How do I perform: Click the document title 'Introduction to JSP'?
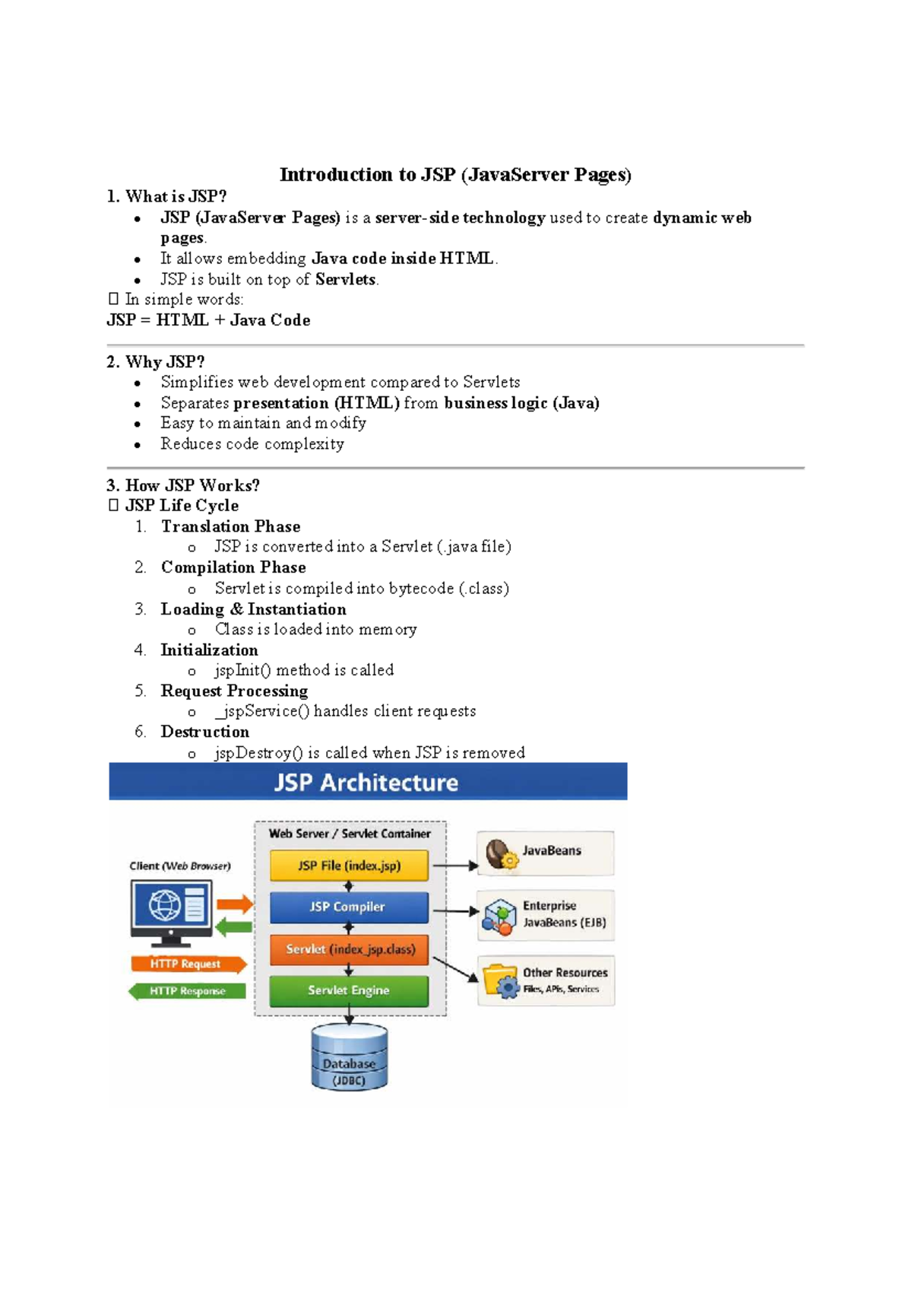pyautogui.click(x=455, y=175)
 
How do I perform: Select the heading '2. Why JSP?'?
pyautogui.click(x=156, y=362)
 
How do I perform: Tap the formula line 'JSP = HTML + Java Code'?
pyautogui.click(x=208, y=320)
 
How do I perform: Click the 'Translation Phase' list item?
pyautogui.click(x=230, y=526)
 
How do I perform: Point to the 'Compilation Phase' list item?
pyautogui.click(x=233, y=567)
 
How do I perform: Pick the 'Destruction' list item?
pyautogui.click(x=204, y=732)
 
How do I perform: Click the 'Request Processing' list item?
pyautogui.click(x=234, y=691)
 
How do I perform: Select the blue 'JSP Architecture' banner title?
pyautogui.click(x=367, y=783)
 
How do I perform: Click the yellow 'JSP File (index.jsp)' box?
pyautogui.click(x=349, y=866)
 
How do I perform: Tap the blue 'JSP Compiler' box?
pyautogui.click(x=349, y=907)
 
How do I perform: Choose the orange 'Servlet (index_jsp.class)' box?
pyautogui.click(x=349, y=949)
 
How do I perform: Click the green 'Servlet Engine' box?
pyautogui.click(x=349, y=990)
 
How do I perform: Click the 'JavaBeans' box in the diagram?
pyautogui.click(x=545, y=853)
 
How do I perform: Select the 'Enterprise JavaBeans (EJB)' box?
pyautogui.click(x=545, y=915)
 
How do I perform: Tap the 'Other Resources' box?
pyautogui.click(x=546, y=980)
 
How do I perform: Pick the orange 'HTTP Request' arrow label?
pyautogui.click(x=187, y=964)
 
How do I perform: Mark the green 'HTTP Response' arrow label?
pyautogui.click(x=187, y=991)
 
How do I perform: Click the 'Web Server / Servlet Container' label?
pyautogui.click(x=350, y=834)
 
